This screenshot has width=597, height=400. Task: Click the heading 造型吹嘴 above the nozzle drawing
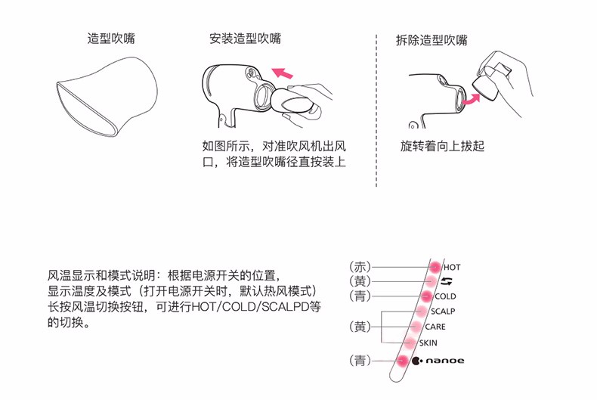click(111, 39)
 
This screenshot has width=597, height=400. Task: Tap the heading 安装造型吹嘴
click(245, 39)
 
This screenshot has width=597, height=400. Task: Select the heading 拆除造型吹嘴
click(432, 40)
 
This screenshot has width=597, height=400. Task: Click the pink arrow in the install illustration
click(282, 73)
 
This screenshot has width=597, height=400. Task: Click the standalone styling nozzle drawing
click(107, 97)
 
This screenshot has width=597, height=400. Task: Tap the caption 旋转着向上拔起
click(442, 146)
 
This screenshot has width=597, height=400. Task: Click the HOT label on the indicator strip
click(452, 268)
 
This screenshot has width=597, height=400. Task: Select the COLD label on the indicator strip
click(445, 296)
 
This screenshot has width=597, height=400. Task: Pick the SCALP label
click(443, 312)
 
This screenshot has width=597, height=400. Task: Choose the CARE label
click(435, 327)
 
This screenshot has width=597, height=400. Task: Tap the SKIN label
click(428, 343)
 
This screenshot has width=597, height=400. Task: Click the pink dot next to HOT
click(435, 267)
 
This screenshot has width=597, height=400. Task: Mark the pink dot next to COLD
click(426, 296)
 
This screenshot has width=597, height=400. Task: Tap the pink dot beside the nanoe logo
click(402, 361)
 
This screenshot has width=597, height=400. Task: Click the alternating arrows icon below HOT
click(447, 281)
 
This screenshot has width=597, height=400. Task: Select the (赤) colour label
click(360, 267)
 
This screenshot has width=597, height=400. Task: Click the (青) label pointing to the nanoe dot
click(360, 361)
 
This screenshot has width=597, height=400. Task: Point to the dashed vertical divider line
click(376, 110)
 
